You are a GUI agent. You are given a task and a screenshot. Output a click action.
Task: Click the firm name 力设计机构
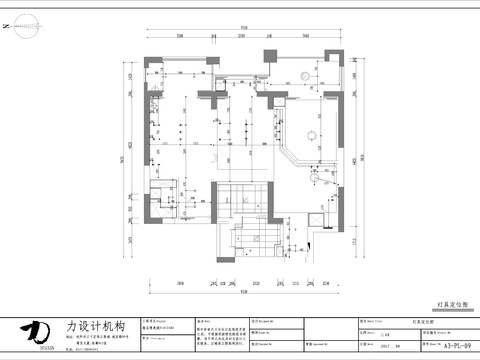click(94, 326)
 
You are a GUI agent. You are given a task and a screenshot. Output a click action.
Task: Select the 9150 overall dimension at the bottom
click(243, 292)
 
